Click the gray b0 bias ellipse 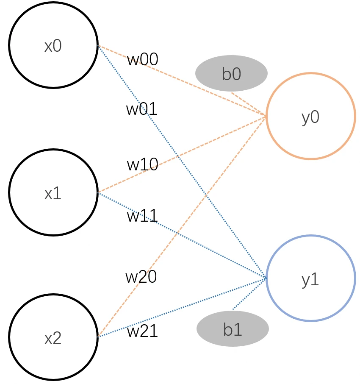(x=231, y=73)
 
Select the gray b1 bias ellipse (x=233, y=328)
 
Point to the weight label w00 (x=143, y=59)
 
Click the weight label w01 (x=141, y=109)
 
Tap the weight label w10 (x=142, y=164)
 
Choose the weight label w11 (x=142, y=216)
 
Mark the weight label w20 (x=141, y=277)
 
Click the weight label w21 (x=142, y=331)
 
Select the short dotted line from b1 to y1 (x=249, y=294)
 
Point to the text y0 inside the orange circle (x=310, y=117)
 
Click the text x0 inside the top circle (x=53, y=46)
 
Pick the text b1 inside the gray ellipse (x=233, y=329)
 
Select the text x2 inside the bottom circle (x=53, y=339)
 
